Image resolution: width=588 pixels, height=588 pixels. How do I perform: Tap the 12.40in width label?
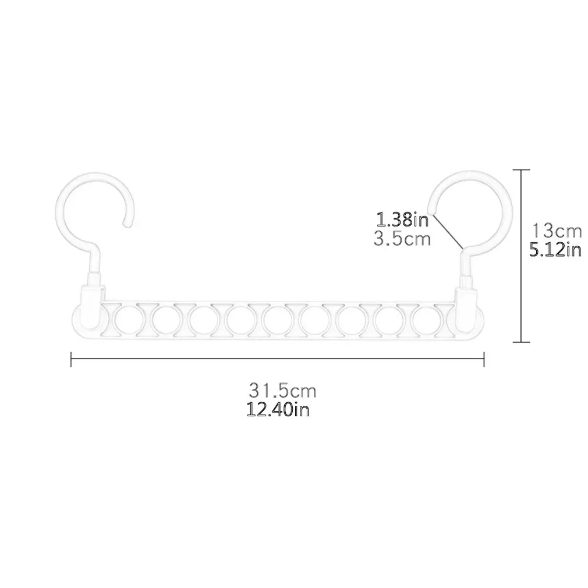tap(278, 410)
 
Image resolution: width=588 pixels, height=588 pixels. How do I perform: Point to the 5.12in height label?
tap(555, 250)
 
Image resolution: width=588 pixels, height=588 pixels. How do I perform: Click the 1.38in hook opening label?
tap(403, 220)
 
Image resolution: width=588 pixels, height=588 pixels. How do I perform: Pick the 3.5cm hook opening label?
tap(402, 239)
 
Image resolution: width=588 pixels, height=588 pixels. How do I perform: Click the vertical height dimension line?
tap(521, 256)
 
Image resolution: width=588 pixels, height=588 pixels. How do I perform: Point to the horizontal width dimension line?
tap(278, 360)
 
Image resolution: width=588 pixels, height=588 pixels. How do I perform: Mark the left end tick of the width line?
tap(71, 360)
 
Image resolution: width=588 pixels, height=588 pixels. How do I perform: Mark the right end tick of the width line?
tap(484, 360)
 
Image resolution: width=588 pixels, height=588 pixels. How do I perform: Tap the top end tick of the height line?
tap(521, 169)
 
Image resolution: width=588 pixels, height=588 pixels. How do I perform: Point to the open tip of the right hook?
tap(431, 208)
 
